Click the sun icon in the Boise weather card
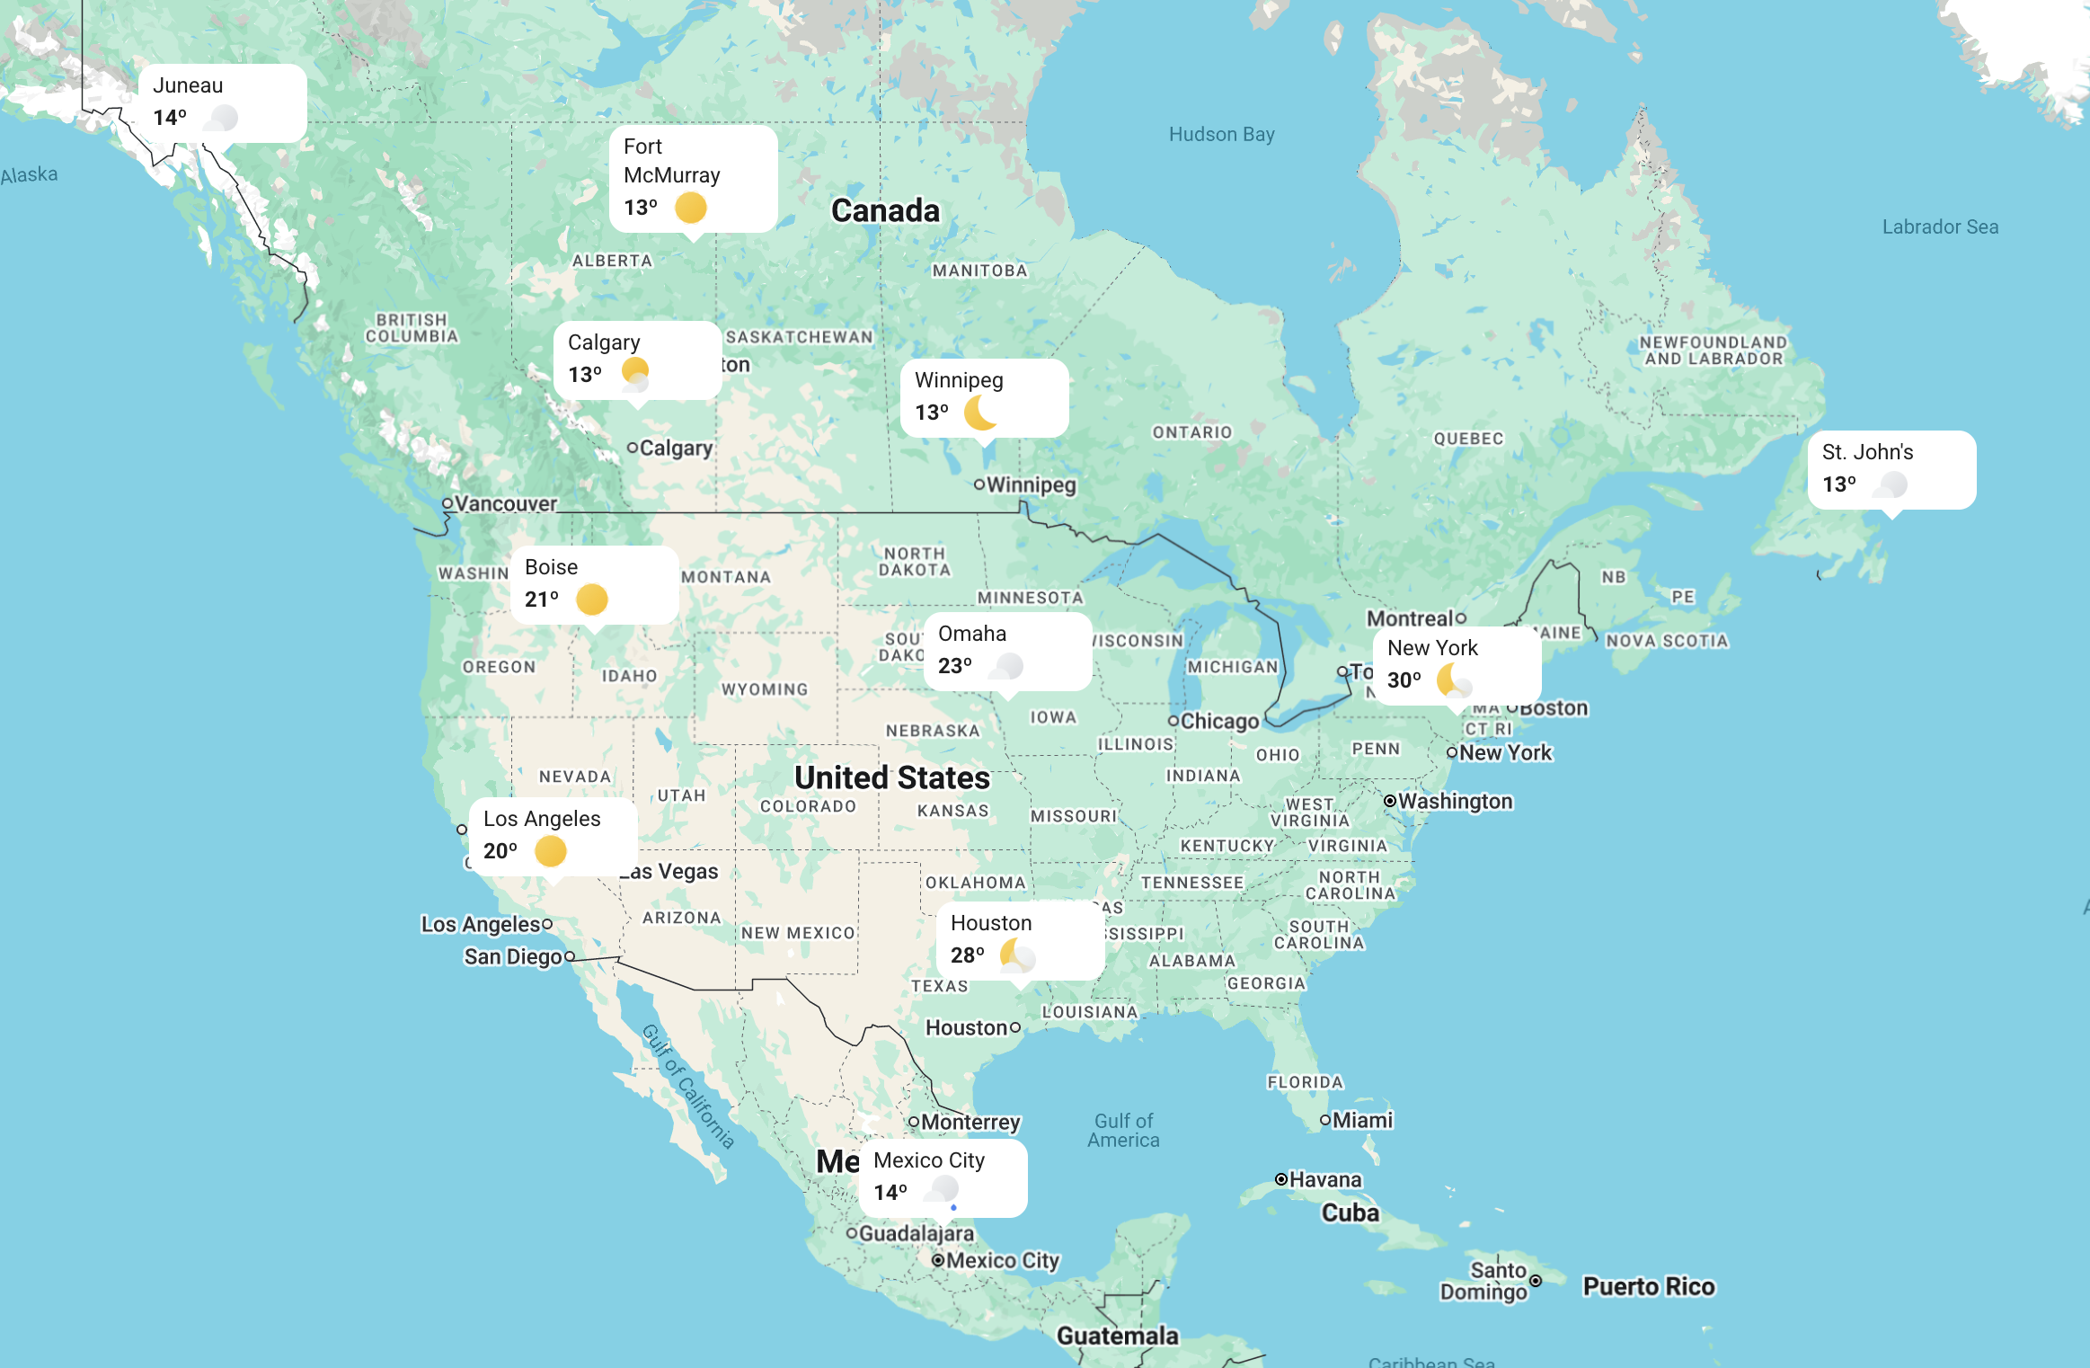[592, 600]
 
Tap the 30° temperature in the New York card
[1404, 680]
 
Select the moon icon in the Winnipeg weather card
[980, 413]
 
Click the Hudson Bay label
[1221, 135]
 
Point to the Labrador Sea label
[1940, 227]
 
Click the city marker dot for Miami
[1324, 1120]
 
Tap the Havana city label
[1325, 1179]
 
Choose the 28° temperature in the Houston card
[967, 955]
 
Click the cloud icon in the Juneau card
[222, 118]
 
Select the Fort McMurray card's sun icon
[691, 208]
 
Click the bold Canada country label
[885, 210]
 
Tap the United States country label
[891, 777]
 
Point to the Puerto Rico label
[1649, 1287]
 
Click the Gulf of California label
[688, 1087]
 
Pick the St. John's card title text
[1867, 452]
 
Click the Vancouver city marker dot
[447, 503]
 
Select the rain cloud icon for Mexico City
[943, 1191]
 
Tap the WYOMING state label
[765, 689]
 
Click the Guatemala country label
[1117, 1336]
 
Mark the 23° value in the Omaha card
[954, 666]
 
